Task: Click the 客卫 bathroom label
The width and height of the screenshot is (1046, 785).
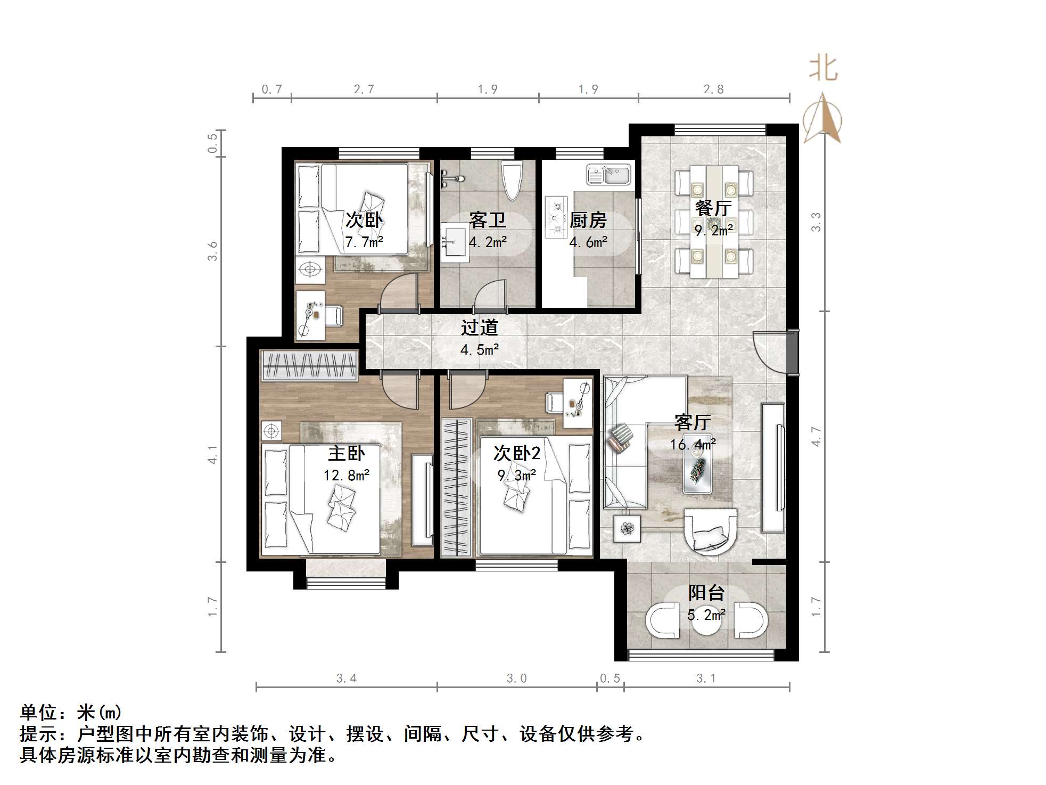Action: pyautogui.click(x=487, y=220)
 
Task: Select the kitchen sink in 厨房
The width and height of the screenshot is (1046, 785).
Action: pyautogui.click(x=609, y=174)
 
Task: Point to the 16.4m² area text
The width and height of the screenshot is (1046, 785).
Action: pyautogui.click(x=692, y=444)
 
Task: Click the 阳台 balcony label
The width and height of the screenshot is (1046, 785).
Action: pyautogui.click(x=706, y=593)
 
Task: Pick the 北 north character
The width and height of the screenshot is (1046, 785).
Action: pyautogui.click(x=823, y=69)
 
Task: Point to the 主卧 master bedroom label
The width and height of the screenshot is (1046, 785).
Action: pyautogui.click(x=346, y=453)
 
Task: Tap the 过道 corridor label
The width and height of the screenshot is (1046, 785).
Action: pyautogui.click(x=479, y=327)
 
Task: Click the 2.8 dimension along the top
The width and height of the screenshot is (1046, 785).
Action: pyautogui.click(x=713, y=89)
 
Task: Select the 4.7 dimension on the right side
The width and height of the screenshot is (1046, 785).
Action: pyautogui.click(x=816, y=436)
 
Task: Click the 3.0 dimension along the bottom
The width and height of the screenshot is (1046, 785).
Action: pyautogui.click(x=516, y=678)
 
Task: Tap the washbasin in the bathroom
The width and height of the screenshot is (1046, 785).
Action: pyautogui.click(x=454, y=243)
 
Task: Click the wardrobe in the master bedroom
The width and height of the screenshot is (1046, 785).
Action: pyautogui.click(x=309, y=365)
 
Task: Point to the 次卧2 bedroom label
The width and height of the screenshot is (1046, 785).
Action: pyautogui.click(x=516, y=453)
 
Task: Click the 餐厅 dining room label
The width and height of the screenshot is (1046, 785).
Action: pyautogui.click(x=713, y=208)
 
